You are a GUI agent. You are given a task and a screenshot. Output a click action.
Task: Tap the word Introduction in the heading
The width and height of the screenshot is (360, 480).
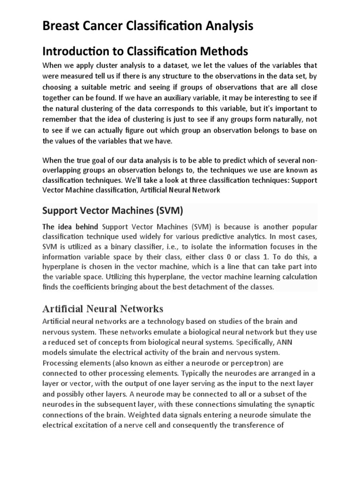pos(74,51)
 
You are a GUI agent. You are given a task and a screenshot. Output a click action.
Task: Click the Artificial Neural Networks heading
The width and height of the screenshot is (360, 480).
pos(103,309)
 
